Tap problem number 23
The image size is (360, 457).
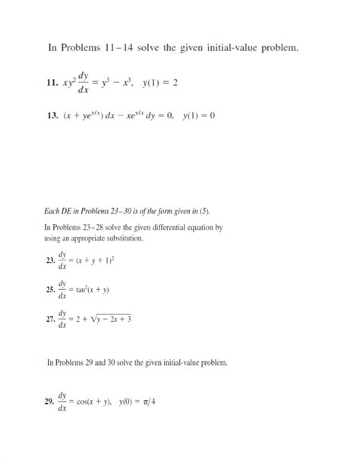tap(50, 260)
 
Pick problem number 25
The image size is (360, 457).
tap(50, 289)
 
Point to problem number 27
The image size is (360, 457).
tap(50, 320)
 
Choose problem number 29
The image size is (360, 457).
tap(50, 401)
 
